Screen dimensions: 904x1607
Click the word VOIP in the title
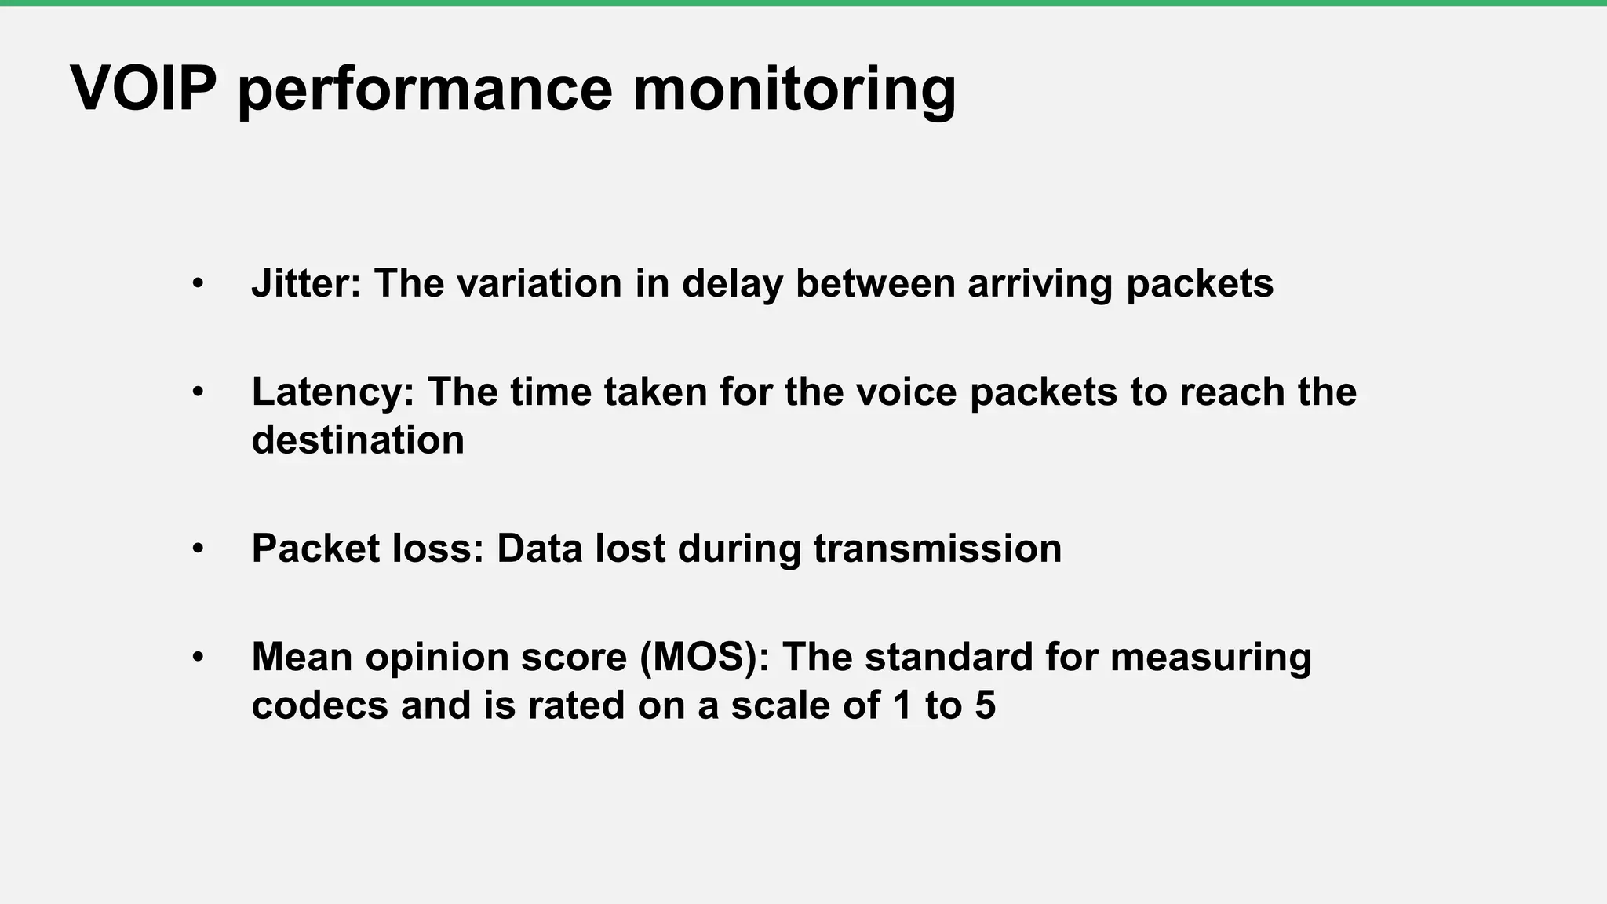click(143, 88)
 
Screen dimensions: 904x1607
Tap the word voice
click(906, 392)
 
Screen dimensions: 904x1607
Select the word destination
click(358, 439)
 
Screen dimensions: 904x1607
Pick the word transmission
click(938, 548)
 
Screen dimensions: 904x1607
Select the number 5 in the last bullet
click(985, 705)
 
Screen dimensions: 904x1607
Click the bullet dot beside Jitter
click(198, 283)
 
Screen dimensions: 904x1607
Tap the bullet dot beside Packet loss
click(198, 549)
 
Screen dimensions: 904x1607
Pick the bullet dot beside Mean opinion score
click(198, 657)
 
